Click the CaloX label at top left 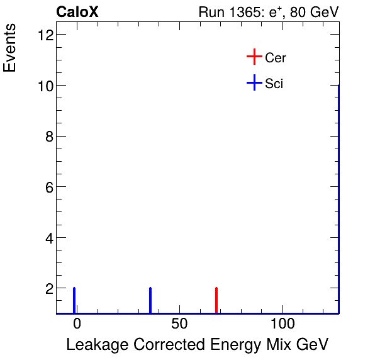pos(77,12)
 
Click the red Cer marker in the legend pos(254,57)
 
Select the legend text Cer pos(276,58)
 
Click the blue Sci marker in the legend pos(254,83)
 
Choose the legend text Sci pos(274,84)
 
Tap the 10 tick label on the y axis pos(45,85)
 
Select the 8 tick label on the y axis pos(48,136)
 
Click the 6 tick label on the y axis pos(48,187)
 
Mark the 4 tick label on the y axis pos(48,238)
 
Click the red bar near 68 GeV pos(216,300)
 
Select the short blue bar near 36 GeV pos(150,300)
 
